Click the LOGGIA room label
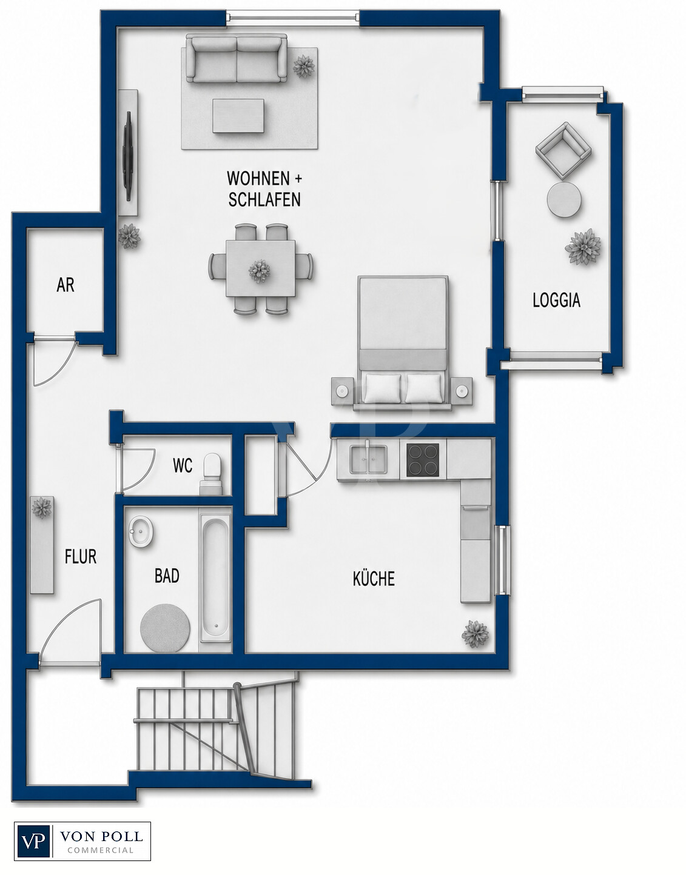556,301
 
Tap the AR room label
66,285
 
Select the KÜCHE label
374,578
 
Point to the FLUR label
81,556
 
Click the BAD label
167,576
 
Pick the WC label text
183,465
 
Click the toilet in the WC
211,474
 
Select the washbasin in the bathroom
141,531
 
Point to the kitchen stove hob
422,460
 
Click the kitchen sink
368,459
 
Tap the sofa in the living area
237,59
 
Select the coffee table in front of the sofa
238,116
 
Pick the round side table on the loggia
564,200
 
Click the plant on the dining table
260,271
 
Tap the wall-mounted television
129,156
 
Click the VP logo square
34,841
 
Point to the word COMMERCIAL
100,850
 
